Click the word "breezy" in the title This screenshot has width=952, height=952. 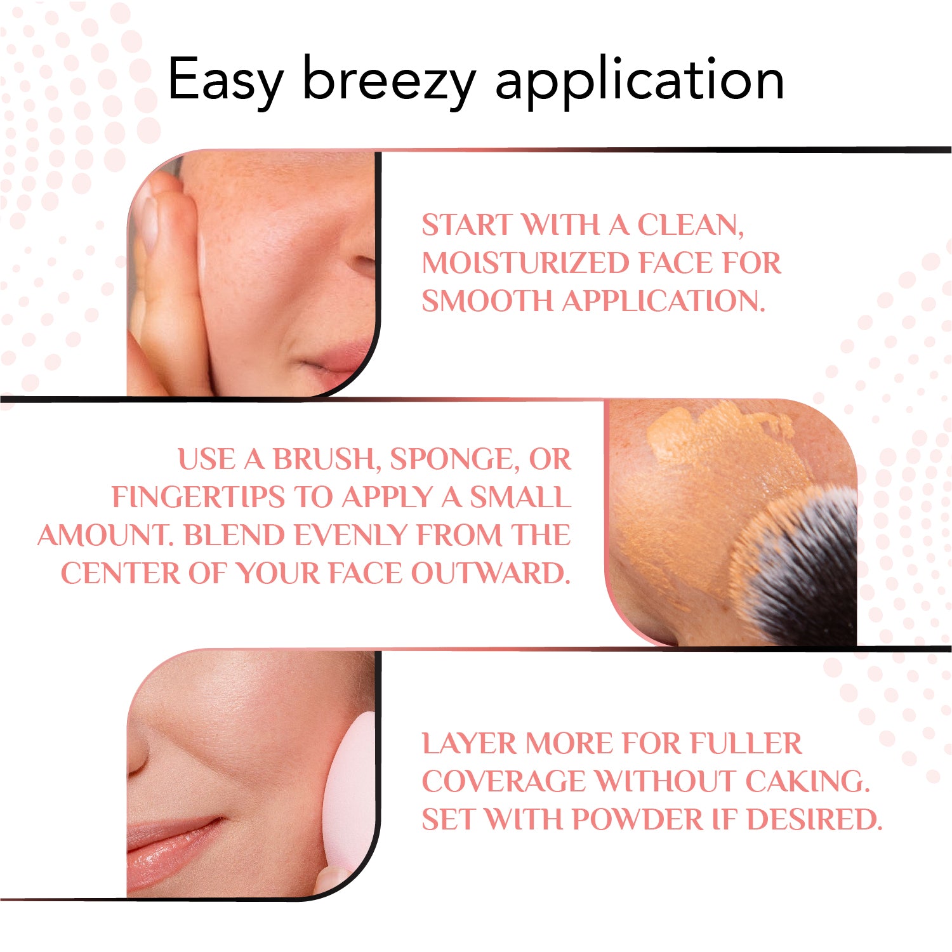point(389,81)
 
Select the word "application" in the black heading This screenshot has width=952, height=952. point(639,81)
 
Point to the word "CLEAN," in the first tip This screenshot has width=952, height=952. point(690,226)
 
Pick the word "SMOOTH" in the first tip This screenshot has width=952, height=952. point(487,301)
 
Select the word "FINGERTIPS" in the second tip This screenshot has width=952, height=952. point(198,497)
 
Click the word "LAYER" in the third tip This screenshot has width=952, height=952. point(469,743)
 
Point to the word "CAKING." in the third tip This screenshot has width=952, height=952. point(806,781)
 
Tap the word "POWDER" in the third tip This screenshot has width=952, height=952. point(637,819)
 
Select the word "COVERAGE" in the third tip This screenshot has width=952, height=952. point(504,781)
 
